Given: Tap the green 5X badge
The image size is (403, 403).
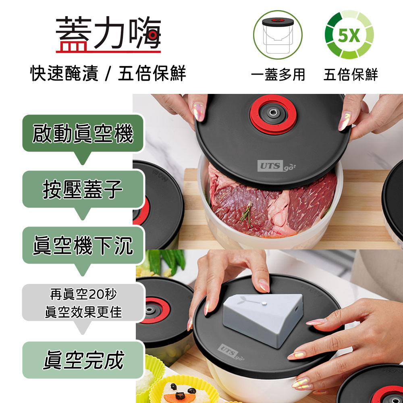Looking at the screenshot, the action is [349, 35].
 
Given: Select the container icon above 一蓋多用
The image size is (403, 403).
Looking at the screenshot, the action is [278, 35].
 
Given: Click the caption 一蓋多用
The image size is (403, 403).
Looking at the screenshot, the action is [278, 75].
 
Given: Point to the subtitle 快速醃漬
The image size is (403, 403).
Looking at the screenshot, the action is [64, 73].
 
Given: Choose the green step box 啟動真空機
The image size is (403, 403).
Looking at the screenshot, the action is [83, 133].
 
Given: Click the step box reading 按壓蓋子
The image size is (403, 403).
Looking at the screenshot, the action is [83, 189].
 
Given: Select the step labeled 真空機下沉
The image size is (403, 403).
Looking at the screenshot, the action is [83, 245].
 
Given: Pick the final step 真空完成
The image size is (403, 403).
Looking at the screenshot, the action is [83, 360].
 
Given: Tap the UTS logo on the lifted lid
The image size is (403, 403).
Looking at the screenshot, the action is [276, 166].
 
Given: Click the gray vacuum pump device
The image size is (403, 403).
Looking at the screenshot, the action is [263, 319].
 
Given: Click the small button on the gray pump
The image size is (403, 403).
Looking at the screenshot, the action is [264, 304].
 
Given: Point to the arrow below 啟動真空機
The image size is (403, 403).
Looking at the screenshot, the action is [83, 158].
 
